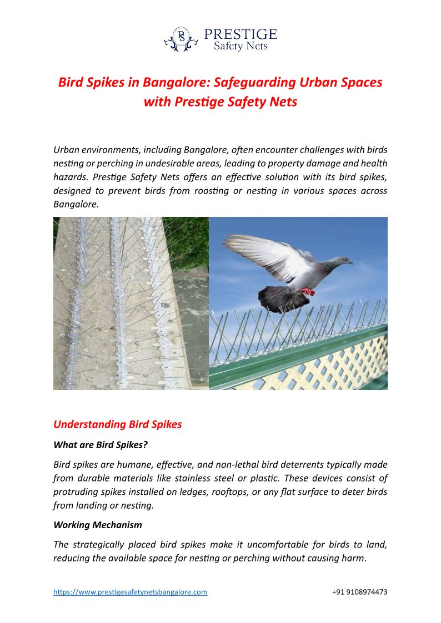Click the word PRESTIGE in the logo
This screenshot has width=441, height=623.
(240, 34)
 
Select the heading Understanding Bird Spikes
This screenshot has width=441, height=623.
(117, 424)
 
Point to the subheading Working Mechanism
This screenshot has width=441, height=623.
(98, 525)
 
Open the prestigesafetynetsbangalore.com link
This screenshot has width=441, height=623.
(130, 592)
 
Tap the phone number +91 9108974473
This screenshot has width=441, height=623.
(359, 592)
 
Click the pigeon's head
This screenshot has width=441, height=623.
(340, 261)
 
